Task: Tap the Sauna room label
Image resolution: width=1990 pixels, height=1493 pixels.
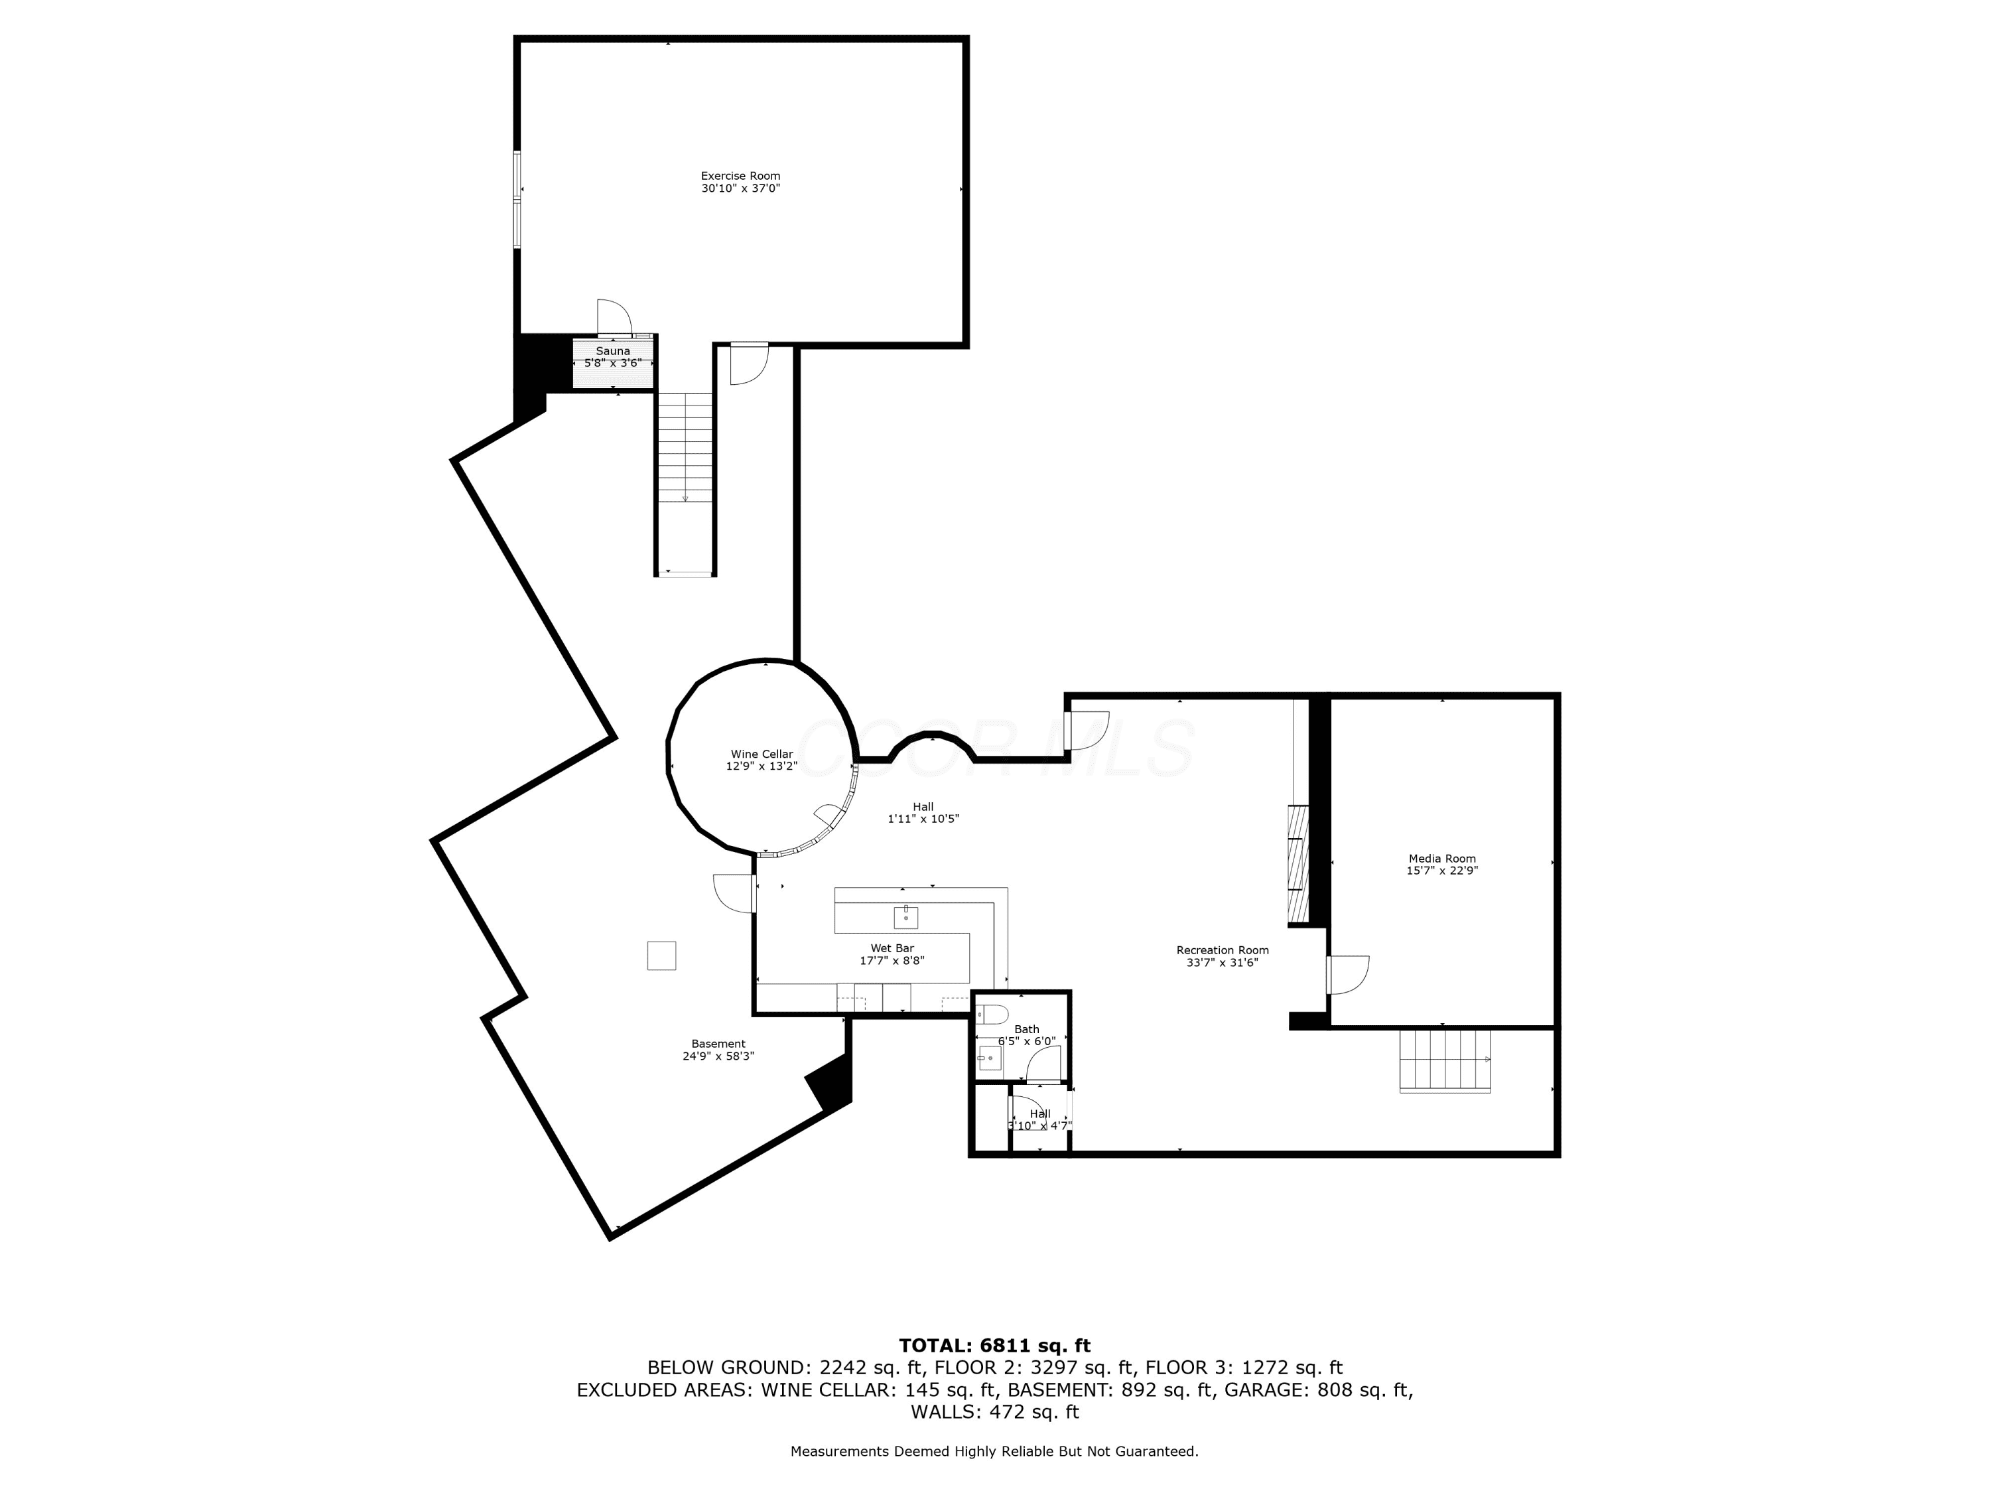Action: point(613,351)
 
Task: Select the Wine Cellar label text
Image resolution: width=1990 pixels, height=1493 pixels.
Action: point(762,754)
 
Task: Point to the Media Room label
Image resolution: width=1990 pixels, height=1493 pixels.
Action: point(1442,859)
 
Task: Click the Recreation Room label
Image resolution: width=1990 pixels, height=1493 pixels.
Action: point(1223,950)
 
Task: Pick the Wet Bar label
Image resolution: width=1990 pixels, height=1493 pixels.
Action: point(892,948)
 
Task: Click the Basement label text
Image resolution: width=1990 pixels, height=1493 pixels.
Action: point(718,1044)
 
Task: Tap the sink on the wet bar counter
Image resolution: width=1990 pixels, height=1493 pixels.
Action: point(905,917)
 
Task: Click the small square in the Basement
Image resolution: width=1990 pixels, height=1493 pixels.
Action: point(661,956)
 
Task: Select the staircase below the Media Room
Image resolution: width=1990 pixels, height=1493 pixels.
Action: point(1445,1061)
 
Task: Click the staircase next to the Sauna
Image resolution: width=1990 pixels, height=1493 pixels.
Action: point(685,448)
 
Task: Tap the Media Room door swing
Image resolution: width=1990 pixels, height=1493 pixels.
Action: point(1349,975)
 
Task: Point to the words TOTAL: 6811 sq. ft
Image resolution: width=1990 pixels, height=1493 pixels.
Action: point(995,1346)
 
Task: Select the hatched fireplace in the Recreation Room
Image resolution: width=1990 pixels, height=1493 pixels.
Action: point(1297,864)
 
